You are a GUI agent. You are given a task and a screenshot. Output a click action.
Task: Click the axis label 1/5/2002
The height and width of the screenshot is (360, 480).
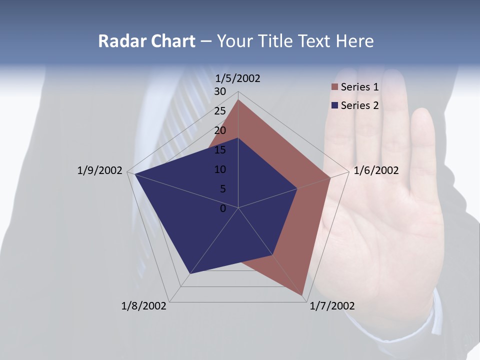pos(238,78)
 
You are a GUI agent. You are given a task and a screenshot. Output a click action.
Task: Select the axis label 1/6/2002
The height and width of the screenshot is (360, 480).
pos(376,170)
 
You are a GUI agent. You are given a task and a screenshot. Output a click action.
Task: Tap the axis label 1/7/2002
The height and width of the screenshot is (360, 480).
pos(332,306)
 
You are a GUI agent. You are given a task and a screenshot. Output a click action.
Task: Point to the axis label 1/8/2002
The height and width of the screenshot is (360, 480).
pos(144,306)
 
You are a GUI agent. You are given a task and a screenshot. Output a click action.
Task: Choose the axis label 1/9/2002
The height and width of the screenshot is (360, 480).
pos(100,170)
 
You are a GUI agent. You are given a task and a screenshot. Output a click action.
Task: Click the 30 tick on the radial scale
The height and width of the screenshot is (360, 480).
pos(220,91)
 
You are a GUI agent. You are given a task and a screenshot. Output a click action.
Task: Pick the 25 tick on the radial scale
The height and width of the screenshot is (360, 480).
pos(220,111)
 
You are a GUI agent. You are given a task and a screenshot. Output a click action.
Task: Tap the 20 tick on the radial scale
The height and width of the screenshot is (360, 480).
pos(220,130)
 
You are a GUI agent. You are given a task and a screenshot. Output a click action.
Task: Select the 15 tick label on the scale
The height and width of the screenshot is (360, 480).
pos(220,150)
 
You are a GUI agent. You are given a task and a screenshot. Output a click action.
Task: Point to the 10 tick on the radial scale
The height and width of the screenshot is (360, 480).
pos(220,169)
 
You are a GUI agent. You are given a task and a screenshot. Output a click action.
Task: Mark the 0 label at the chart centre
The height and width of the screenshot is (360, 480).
pos(223,208)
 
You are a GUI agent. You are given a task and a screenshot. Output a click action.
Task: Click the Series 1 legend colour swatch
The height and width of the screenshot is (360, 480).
pos(334,87)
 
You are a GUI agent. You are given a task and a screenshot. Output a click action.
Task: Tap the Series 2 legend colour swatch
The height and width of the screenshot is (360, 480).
pos(334,105)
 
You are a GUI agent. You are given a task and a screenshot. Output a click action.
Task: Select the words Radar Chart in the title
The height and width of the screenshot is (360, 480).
pos(146,41)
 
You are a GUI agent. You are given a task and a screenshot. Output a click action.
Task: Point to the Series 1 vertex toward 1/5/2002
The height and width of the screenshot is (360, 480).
pos(238,99)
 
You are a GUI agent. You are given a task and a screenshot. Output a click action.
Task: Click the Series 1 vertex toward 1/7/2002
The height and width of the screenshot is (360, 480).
pos(303,295)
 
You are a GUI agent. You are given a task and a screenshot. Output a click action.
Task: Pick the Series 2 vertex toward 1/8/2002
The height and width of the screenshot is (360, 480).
pos(189,274)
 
